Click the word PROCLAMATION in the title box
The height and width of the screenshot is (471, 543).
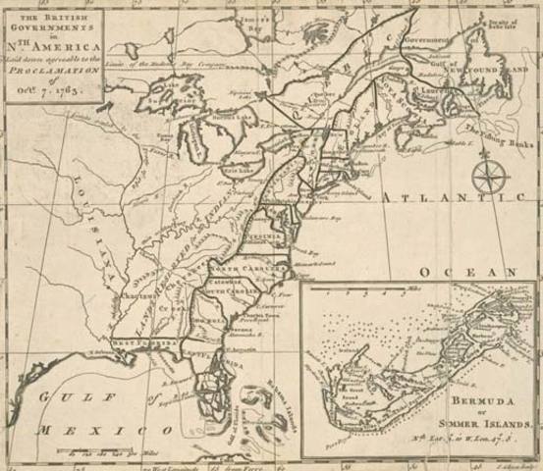(55, 75)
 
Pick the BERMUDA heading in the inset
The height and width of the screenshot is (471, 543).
(479, 402)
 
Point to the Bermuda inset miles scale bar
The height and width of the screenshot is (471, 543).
(368, 290)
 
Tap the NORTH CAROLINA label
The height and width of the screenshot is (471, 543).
(246, 266)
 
